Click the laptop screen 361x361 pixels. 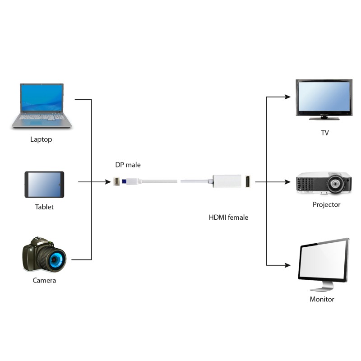pos(42,98)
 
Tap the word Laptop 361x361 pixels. pos(41,139)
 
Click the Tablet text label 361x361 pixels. pos(44,207)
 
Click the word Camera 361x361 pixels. pos(44,280)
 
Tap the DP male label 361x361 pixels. pos(128,165)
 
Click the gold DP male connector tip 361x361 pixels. pos(117,182)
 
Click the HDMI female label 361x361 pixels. pos(228,218)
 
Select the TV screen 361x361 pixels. pos(323,97)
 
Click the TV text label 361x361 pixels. pos(324,133)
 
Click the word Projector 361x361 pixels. pos(326,205)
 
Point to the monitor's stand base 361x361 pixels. pos(321,288)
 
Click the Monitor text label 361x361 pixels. pos(322,299)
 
